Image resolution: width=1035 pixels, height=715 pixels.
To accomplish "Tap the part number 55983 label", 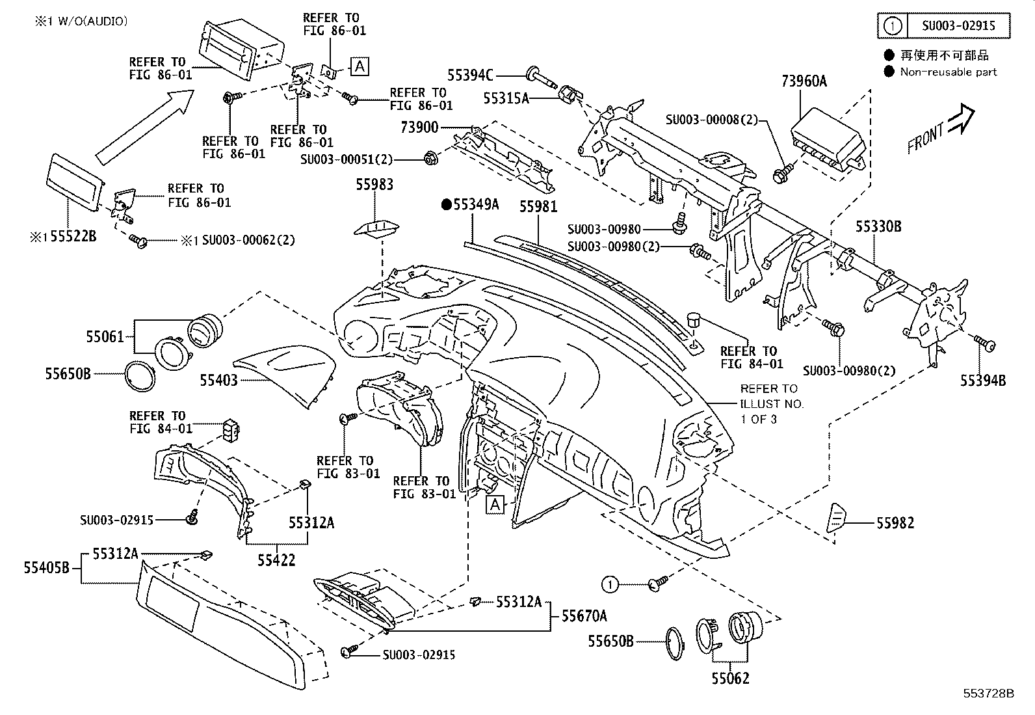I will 374,185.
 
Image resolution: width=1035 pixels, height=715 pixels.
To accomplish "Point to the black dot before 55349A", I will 446,205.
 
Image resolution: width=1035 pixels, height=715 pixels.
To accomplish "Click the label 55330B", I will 878,226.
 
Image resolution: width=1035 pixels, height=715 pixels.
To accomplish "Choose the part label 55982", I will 895,522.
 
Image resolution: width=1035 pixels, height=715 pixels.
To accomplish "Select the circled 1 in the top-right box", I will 894,27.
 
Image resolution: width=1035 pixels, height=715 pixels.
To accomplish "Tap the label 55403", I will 218,379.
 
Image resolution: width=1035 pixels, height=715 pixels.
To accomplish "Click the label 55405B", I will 46,568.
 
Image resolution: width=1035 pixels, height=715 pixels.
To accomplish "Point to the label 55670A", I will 584,615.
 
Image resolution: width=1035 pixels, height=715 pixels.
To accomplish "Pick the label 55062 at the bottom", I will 729,679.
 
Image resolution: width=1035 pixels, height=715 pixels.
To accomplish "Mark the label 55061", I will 105,336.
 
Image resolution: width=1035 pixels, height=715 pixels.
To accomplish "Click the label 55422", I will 276,560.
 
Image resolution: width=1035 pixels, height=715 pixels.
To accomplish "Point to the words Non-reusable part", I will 948,72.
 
